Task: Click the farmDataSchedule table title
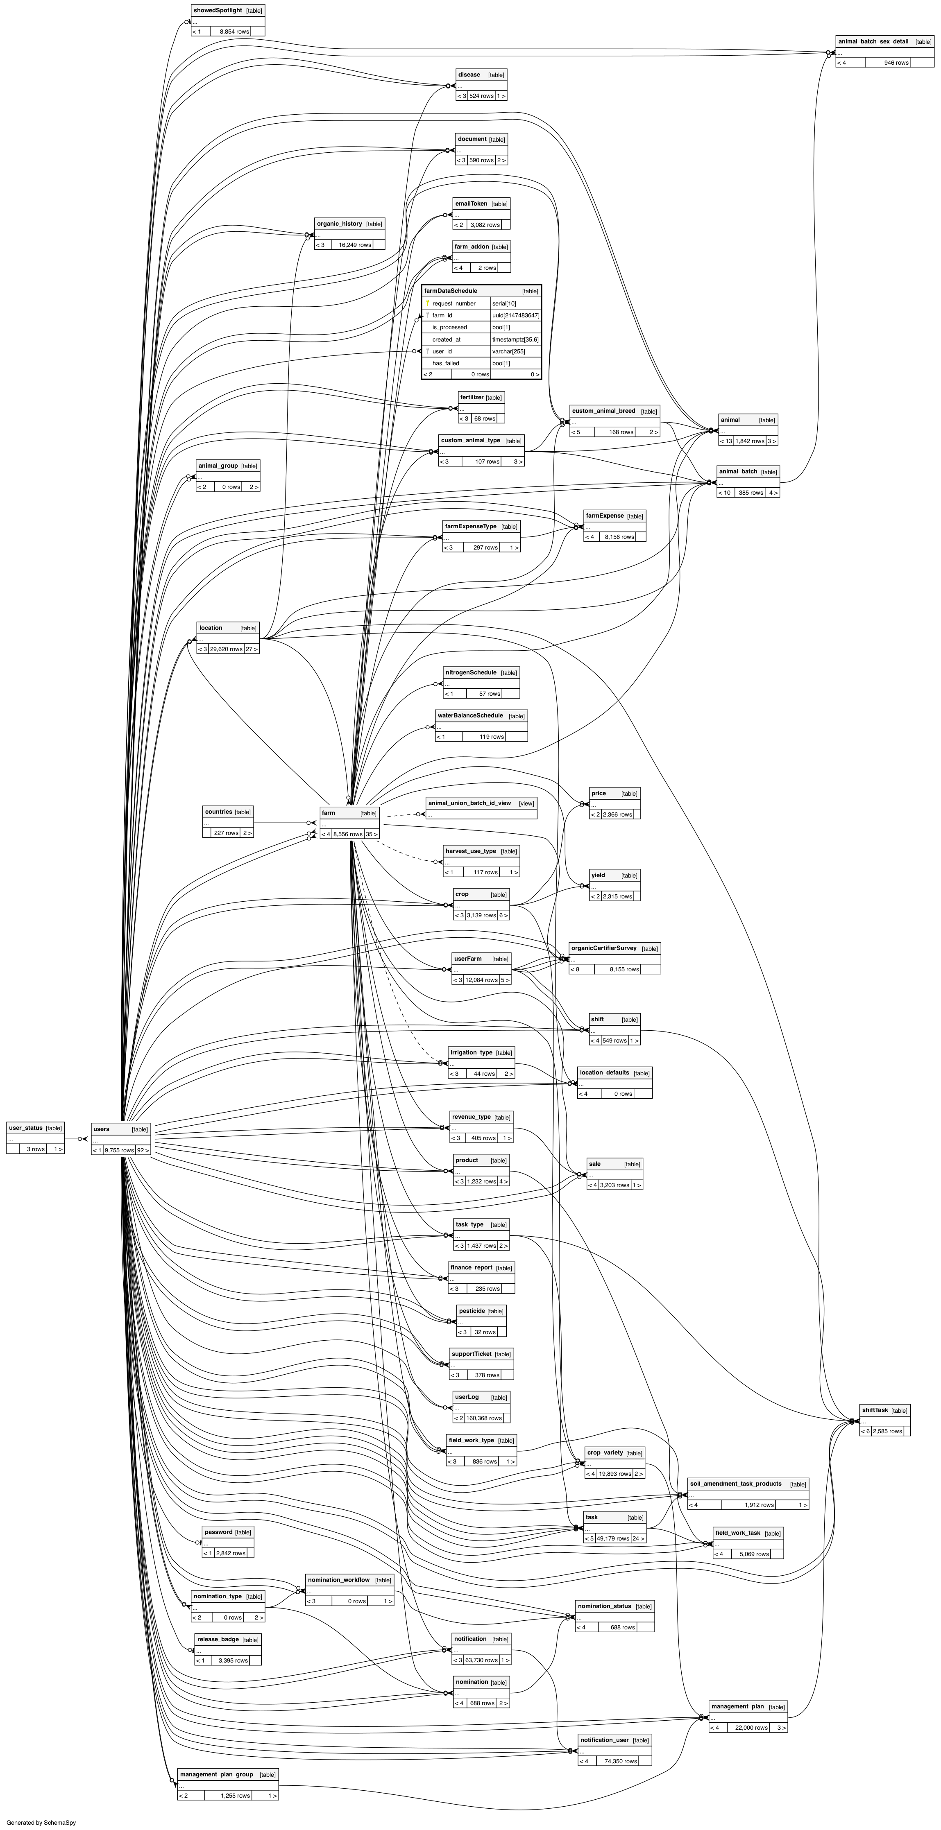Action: (451, 291)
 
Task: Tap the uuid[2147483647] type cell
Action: (515, 315)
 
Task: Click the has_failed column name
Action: (446, 364)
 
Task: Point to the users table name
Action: (102, 1129)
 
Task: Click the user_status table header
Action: (25, 1128)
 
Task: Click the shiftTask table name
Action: (874, 1410)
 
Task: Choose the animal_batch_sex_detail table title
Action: (873, 42)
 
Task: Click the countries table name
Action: (218, 812)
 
